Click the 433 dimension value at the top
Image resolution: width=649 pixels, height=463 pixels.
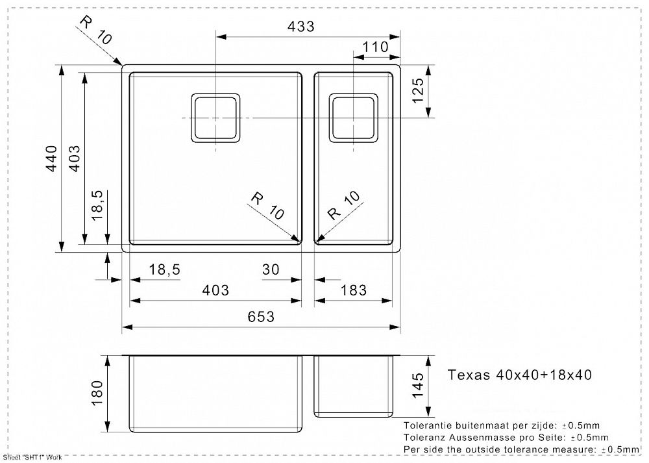(300, 26)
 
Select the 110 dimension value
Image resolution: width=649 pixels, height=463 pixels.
(376, 47)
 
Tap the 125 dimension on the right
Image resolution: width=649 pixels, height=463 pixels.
(418, 91)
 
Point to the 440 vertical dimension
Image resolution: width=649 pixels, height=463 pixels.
(51, 158)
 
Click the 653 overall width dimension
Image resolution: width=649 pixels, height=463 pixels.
(261, 317)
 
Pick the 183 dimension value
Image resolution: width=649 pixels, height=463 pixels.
(354, 290)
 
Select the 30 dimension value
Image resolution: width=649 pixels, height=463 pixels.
(271, 269)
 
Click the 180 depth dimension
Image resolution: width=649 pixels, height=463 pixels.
(97, 393)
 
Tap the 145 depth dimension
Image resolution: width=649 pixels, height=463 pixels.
(418, 385)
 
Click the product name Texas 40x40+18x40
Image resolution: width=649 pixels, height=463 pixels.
(520, 375)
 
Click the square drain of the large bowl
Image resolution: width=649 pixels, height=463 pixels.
(215, 118)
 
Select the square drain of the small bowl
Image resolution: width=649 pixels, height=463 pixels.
(354, 118)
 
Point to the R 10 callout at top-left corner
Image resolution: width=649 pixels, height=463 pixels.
(95, 29)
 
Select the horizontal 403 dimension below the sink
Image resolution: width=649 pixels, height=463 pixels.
(215, 290)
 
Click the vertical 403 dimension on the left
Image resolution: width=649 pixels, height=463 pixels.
(74, 158)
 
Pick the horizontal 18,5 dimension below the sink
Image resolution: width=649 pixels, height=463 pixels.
(164, 270)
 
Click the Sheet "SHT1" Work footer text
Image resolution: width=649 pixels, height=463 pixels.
(32, 458)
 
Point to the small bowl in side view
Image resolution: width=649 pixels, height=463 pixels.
(354, 386)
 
